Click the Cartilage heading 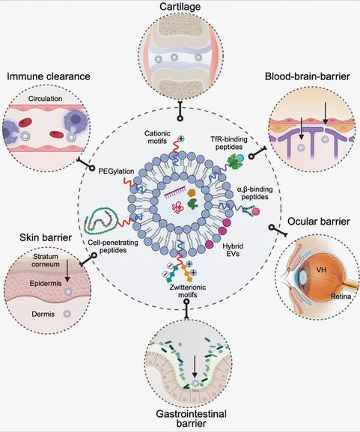click(180, 6)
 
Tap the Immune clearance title click(49, 76)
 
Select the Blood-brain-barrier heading click(308, 76)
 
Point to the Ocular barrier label click(319, 221)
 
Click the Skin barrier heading click(46, 237)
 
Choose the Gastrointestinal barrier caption click(191, 419)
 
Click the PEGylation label click(116, 171)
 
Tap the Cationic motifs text click(157, 137)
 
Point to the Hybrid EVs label click(233, 249)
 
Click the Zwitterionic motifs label click(188, 291)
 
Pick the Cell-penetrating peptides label click(113, 246)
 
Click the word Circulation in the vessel click(45, 99)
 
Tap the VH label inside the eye click(321, 270)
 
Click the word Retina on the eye click(341, 296)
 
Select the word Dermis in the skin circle click(43, 314)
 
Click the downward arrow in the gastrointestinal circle click(195, 367)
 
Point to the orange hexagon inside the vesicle click(192, 193)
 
